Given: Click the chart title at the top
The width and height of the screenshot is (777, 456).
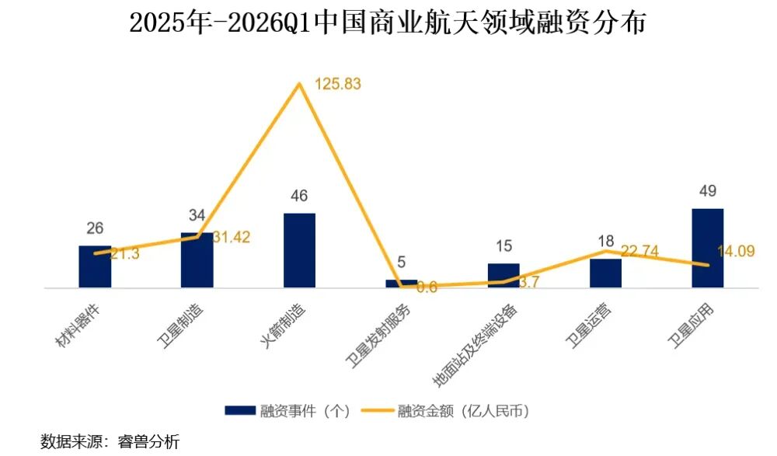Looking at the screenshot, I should pos(388,23).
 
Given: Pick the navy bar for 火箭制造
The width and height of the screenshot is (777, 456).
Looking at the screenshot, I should pos(299,251).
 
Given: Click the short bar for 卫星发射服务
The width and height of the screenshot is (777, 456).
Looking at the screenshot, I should pos(401,284).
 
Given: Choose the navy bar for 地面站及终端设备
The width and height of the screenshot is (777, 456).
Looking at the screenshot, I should pos(503,276).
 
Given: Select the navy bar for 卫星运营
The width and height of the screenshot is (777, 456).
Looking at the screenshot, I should pos(605,273).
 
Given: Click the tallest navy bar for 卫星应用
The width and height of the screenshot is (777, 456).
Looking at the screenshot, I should pos(707,249).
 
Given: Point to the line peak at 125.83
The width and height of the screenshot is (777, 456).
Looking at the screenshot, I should pos(299,83).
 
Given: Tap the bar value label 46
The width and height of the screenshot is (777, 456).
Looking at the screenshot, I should pos(299,197).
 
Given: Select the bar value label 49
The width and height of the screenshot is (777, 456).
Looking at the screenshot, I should pos(707,191).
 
